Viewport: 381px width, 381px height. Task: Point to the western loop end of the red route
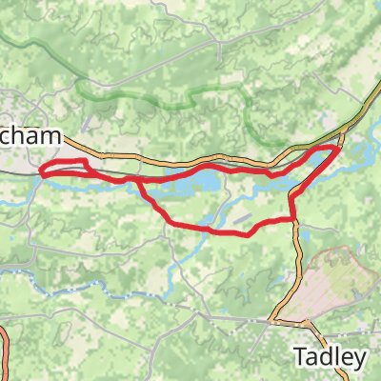coord(42,172)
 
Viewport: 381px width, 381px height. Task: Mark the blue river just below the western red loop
coord(57,182)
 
